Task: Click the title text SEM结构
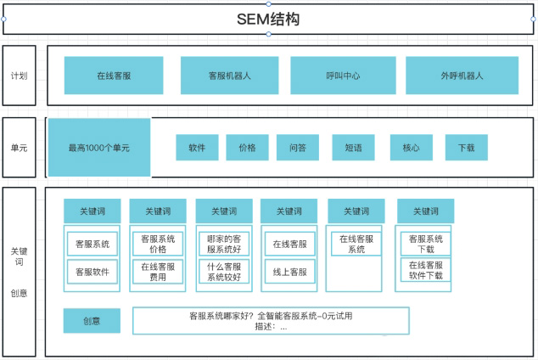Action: (268, 19)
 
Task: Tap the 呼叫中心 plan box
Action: (343, 76)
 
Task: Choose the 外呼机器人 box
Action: (462, 76)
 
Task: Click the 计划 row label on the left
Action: (19, 76)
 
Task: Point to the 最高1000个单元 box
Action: (99, 148)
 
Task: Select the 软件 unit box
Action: (197, 148)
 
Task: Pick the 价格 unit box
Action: (247, 148)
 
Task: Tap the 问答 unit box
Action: (298, 148)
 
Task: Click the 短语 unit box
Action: (353, 148)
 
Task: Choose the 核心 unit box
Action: (411, 148)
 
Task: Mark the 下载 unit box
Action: (466, 148)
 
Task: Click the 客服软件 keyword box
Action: (92, 272)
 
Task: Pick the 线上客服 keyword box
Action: (289, 272)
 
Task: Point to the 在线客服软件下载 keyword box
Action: (425, 270)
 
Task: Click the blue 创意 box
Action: (91, 321)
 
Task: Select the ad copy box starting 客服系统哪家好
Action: (271, 320)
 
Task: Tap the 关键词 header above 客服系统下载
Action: (424, 211)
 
